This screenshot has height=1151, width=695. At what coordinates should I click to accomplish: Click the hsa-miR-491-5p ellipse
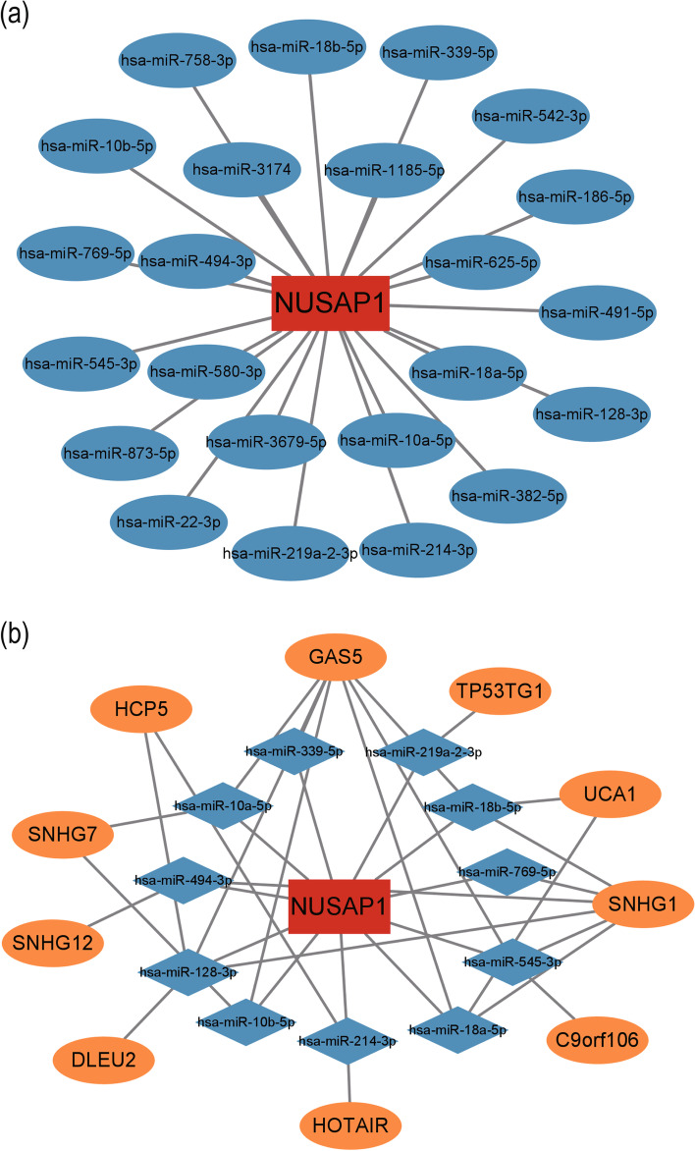click(597, 312)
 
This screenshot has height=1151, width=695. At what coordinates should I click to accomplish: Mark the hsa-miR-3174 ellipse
click(232, 169)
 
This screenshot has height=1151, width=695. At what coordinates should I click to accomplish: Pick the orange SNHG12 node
click(58, 943)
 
